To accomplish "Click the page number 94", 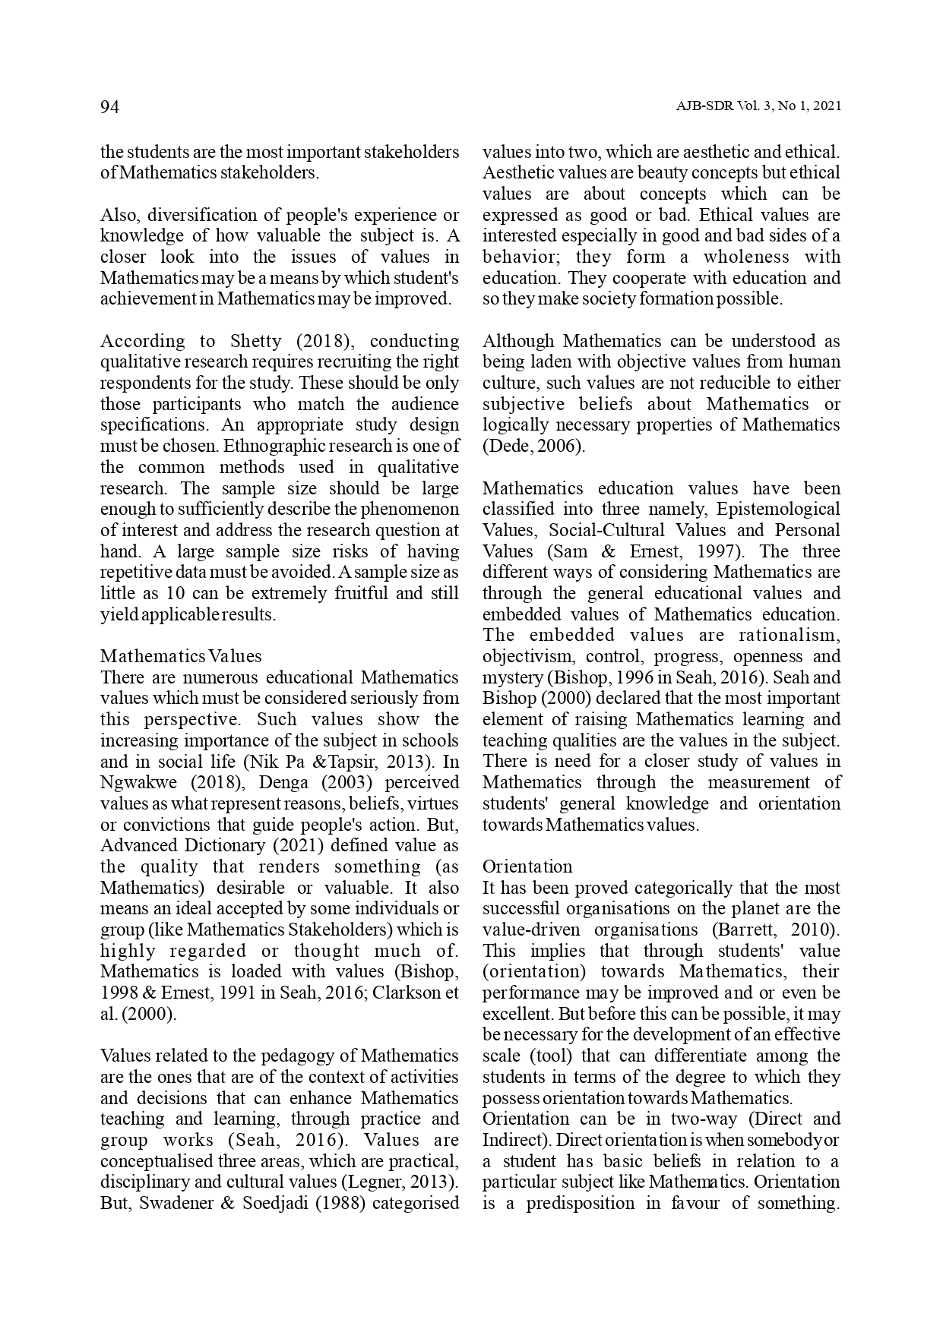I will coord(110,107).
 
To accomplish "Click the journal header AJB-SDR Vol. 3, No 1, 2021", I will coord(758,107).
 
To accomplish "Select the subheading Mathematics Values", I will coord(181,656).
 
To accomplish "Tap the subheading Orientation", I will coord(527,866).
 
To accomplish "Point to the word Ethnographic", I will coord(272,446).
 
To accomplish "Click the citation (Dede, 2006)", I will coord(533,446).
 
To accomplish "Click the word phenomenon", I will coord(415,509).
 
